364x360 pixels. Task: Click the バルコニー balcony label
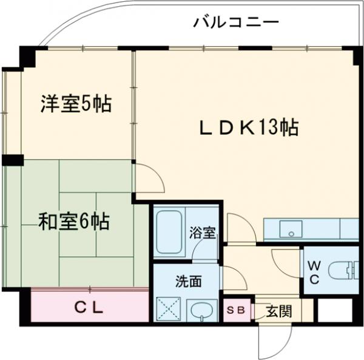pyautogui.click(x=236, y=22)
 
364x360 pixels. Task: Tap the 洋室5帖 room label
pyautogui.click(x=76, y=104)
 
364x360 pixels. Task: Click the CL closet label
pyautogui.click(x=89, y=308)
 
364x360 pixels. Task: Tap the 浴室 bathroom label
pyautogui.click(x=202, y=233)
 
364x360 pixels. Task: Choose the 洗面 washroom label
pyautogui.click(x=189, y=282)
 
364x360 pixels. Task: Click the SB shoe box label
pyautogui.click(x=235, y=310)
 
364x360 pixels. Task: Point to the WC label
pyautogui.click(x=314, y=272)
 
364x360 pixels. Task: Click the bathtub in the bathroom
pyautogui.click(x=170, y=233)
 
